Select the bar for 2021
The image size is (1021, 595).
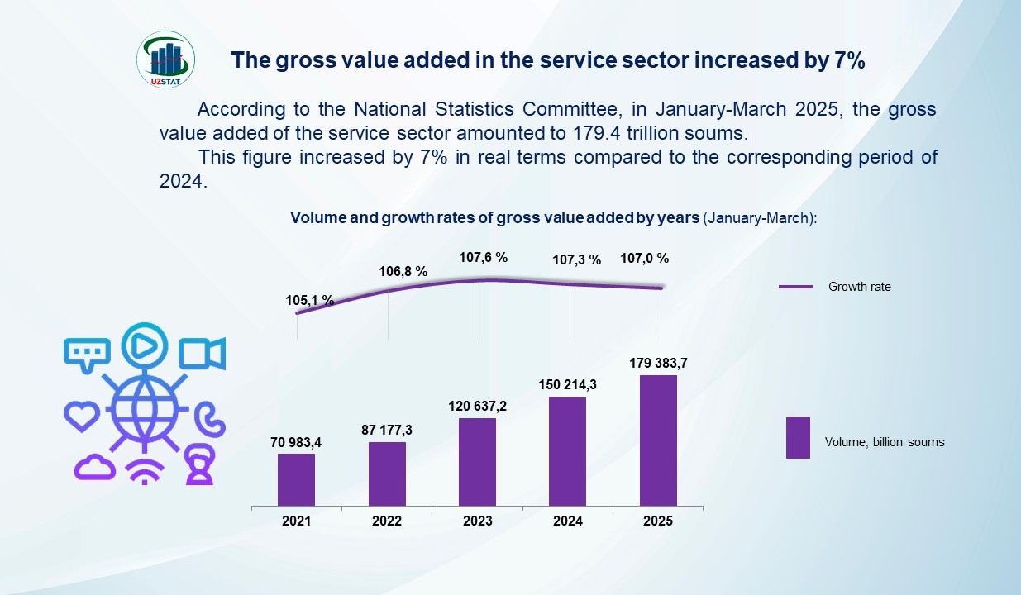click(x=296, y=479)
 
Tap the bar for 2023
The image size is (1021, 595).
click(x=477, y=461)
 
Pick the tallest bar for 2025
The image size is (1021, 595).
click(x=658, y=440)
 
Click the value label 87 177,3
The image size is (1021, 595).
click(x=387, y=430)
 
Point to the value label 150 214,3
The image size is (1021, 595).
click(x=567, y=384)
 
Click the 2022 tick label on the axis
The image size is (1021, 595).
click(x=387, y=521)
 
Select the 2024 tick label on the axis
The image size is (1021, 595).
click(x=568, y=521)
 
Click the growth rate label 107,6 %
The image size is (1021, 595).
click(x=484, y=258)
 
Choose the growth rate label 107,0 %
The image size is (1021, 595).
click(x=645, y=259)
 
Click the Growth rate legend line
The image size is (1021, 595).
click(x=798, y=288)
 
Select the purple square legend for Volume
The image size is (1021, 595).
click(x=798, y=437)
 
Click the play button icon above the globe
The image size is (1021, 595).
click(x=145, y=345)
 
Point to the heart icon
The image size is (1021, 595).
click(x=83, y=416)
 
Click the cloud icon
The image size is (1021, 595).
click(x=94, y=467)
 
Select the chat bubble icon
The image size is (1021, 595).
click(x=86, y=354)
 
